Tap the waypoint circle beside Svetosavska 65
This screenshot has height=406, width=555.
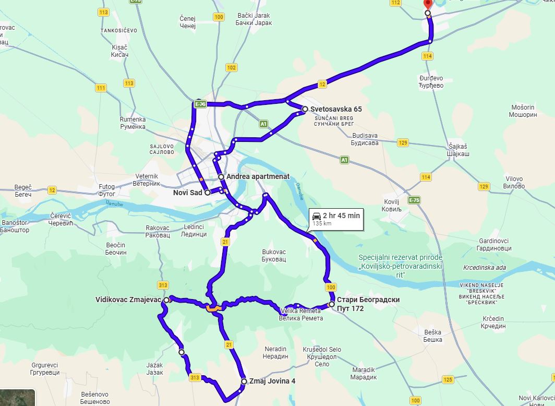point(305,109)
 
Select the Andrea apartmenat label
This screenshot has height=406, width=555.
point(258,177)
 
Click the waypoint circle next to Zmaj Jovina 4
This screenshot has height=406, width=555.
point(244,381)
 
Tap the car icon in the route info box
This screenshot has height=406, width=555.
point(316,216)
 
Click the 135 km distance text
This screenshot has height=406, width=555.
point(321,223)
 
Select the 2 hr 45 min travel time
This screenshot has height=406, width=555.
point(341,216)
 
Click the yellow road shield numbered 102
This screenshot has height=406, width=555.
point(231,68)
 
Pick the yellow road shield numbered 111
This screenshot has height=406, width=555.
point(101,88)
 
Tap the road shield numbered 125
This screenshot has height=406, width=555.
point(447,379)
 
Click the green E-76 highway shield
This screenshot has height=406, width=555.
point(200,104)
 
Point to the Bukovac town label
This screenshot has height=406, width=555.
point(274,255)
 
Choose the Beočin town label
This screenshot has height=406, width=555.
point(116,248)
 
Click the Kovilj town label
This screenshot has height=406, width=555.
point(391,205)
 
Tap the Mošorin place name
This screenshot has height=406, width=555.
point(523,111)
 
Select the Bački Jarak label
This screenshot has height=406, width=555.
point(254,19)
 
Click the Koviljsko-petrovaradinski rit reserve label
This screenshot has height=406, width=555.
point(401,262)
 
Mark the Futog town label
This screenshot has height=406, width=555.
point(107,190)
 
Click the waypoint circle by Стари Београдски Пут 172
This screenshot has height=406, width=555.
point(331,304)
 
